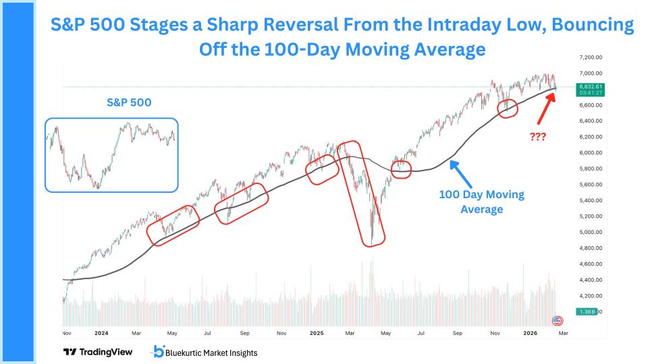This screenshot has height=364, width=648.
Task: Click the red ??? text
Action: pos(537,136)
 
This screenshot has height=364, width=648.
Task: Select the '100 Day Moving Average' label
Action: pos(481,202)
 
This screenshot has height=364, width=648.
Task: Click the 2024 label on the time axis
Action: pos(101,332)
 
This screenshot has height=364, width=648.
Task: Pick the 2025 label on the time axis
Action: pos(317,332)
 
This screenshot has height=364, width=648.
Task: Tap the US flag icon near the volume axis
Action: pos(557,321)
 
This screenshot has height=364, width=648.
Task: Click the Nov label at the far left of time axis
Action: pos(66,332)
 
